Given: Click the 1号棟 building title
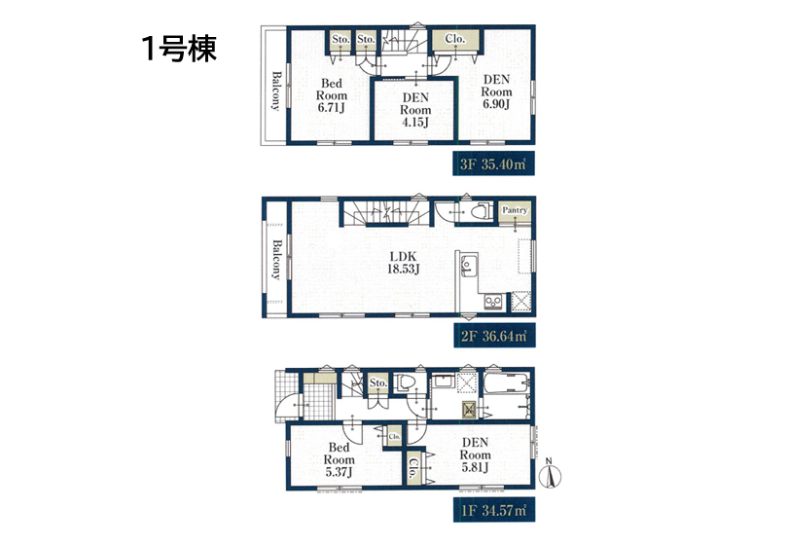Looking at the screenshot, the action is (179, 49).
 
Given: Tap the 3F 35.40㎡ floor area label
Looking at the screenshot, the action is (493, 163).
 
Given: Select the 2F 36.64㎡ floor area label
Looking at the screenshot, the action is (494, 336).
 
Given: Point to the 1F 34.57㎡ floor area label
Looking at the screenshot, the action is (494, 510).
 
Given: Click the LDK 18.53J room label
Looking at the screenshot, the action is (403, 263).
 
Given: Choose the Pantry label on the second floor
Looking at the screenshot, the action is (515, 210).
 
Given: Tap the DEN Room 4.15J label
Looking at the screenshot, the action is (415, 110).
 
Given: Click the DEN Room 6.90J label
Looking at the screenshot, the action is (496, 92).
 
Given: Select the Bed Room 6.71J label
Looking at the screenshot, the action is (331, 95).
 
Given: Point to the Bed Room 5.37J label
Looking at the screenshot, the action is (339, 459).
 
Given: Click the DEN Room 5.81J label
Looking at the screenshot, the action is (475, 454).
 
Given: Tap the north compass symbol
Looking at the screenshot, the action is (550, 474).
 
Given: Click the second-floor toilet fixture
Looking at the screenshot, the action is (482, 211).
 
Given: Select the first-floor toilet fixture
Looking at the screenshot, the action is (405, 382).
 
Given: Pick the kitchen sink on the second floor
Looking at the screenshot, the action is (467, 265).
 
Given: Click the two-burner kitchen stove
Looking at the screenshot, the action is (493, 301).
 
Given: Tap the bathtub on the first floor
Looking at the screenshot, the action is (506, 384).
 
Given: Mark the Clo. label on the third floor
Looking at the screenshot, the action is (455, 39).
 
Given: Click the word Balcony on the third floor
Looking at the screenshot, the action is (276, 91).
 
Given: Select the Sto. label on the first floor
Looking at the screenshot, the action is (377, 382).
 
